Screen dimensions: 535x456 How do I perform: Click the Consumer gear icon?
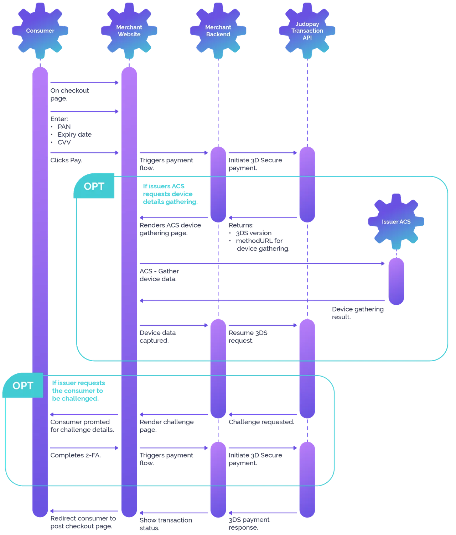coord(40,31)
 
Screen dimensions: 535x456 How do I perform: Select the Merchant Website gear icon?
coord(129,31)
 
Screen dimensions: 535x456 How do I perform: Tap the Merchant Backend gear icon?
coord(218,31)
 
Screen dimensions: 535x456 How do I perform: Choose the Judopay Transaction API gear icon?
coord(307,31)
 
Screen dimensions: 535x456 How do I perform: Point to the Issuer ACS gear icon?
coord(396,221)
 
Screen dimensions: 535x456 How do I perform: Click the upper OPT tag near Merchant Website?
coord(94,186)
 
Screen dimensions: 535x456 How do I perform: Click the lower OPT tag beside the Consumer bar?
coord(23,385)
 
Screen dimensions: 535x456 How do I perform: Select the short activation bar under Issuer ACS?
coord(396,282)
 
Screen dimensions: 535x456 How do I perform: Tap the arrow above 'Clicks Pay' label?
coord(84,153)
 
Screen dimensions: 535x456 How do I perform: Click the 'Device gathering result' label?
coord(358,313)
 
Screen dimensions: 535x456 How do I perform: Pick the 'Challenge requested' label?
coord(261,422)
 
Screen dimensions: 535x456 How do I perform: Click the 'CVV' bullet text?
coord(64,142)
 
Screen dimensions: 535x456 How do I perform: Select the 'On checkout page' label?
coord(69,95)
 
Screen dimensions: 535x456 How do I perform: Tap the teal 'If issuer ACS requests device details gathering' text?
coord(170,194)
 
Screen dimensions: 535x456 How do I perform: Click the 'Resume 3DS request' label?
coord(248,336)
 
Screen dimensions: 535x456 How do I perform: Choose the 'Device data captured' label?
coord(157,336)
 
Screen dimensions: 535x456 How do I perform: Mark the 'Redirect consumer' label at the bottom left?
coord(83,522)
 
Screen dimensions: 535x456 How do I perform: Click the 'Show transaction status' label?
coord(166,524)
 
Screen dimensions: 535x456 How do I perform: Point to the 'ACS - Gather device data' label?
coord(159,275)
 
